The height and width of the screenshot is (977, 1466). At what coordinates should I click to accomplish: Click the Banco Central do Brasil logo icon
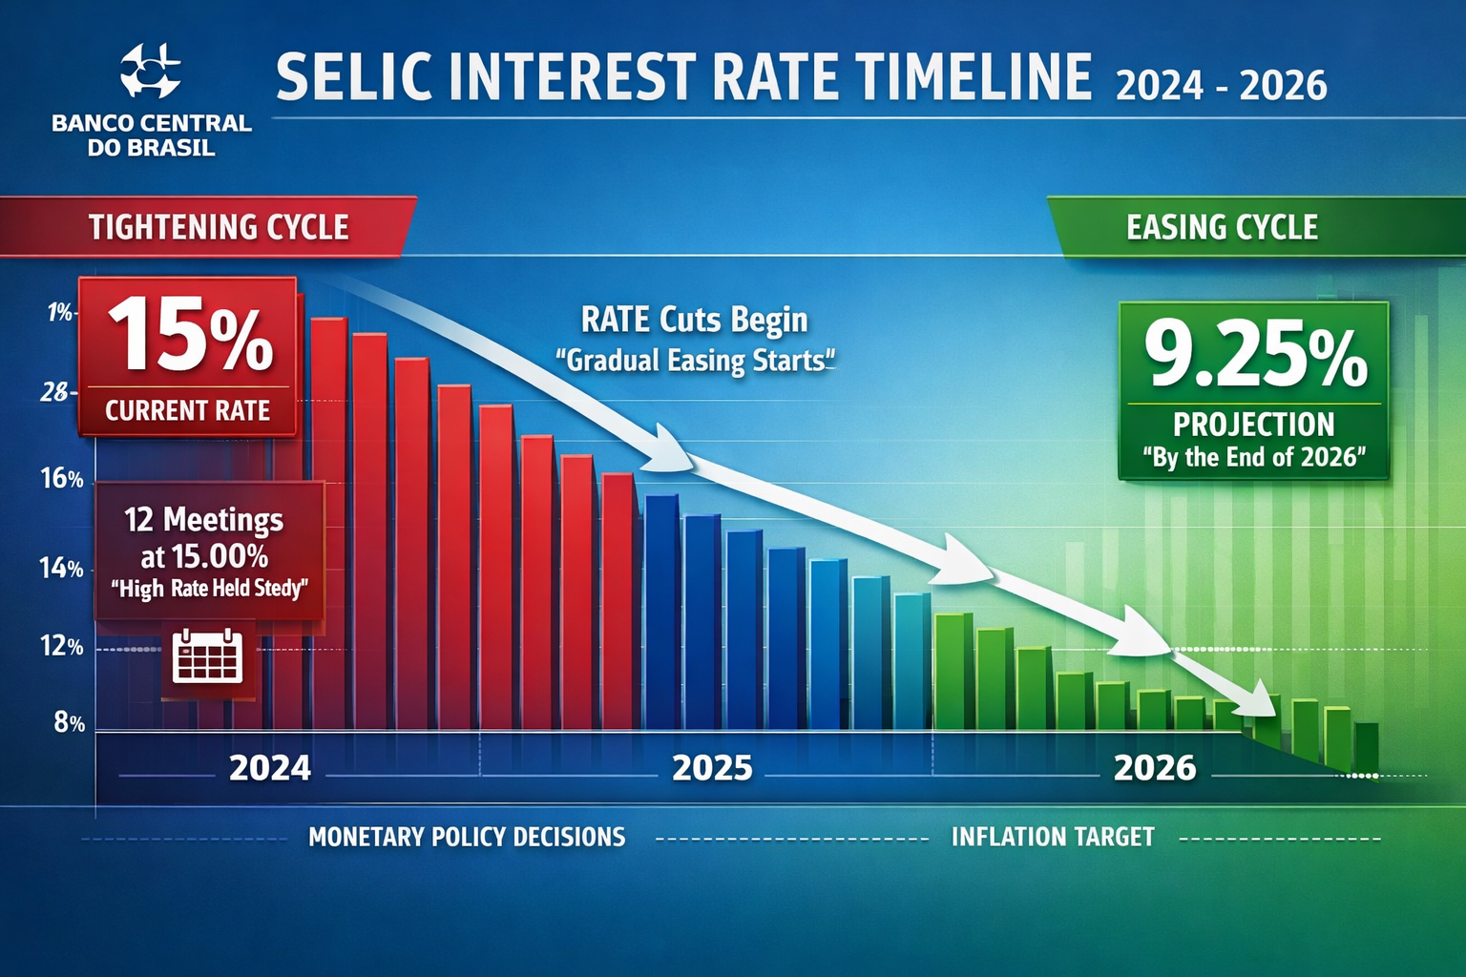pyautogui.click(x=151, y=72)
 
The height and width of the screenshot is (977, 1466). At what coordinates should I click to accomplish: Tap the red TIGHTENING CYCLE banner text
pyautogui.click(x=219, y=227)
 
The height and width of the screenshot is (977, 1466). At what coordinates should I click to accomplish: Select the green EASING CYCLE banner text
pyautogui.click(x=1222, y=227)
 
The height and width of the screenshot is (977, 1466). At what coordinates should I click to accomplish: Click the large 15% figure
pyautogui.click(x=190, y=335)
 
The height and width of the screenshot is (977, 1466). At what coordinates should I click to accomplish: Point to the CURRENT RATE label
pyautogui.click(x=187, y=410)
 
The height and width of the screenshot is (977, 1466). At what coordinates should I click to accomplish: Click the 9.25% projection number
pyautogui.click(x=1255, y=354)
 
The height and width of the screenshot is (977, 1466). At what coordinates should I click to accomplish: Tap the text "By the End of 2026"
pyautogui.click(x=1254, y=457)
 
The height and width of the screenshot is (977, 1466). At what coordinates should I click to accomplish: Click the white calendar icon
pyautogui.click(x=207, y=655)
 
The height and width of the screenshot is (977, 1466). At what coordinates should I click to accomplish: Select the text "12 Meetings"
pyautogui.click(x=203, y=519)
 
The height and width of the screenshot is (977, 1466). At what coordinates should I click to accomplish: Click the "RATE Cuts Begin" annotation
pyautogui.click(x=694, y=320)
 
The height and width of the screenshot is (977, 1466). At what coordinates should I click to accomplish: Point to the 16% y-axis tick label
pyautogui.click(x=62, y=479)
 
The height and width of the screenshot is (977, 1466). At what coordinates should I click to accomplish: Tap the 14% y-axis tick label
pyautogui.click(x=61, y=569)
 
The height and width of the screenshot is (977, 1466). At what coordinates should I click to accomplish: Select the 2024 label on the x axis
pyautogui.click(x=270, y=768)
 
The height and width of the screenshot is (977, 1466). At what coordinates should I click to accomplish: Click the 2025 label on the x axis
pyautogui.click(x=712, y=768)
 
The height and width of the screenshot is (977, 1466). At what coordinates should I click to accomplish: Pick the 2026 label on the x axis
pyautogui.click(x=1155, y=768)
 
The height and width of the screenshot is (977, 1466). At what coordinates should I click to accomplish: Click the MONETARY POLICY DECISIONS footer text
pyautogui.click(x=467, y=837)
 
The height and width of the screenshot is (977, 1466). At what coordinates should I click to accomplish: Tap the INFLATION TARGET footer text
pyautogui.click(x=1053, y=837)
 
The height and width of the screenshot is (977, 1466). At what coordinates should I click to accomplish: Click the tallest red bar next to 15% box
pyautogui.click(x=328, y=525)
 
